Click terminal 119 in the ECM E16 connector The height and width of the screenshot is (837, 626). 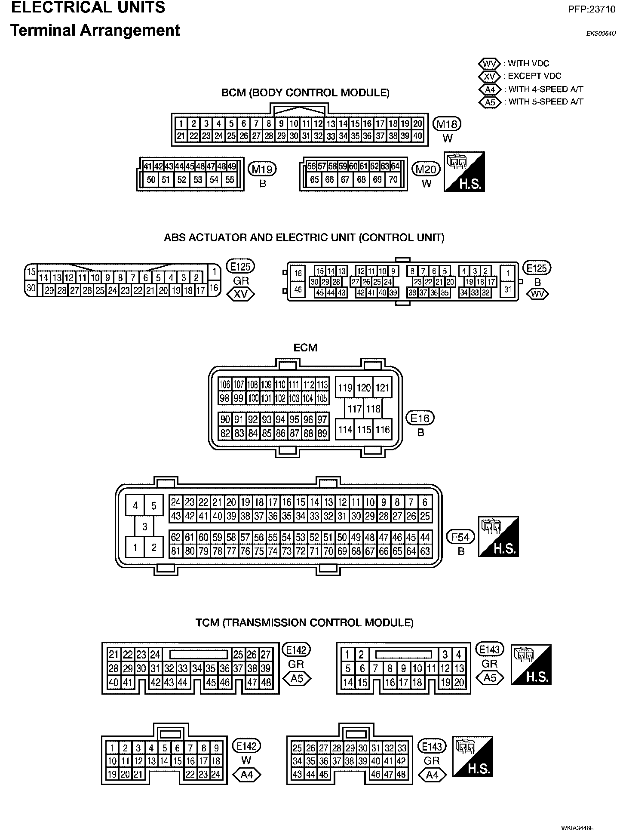coord(345,388)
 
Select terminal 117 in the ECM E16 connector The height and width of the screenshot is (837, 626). coord(354,408)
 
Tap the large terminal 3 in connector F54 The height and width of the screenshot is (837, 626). coord(145,526)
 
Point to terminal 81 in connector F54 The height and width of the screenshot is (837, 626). coord(175,551)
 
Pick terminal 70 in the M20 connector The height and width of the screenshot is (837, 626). coord(393,180)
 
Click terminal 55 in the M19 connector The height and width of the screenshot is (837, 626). coord(230,180)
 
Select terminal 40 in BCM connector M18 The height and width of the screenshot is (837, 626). coord(417,136)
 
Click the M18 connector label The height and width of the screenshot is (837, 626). coord(447,124)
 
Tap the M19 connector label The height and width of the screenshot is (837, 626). coord(262,169)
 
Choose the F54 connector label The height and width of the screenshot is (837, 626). coord(460,537)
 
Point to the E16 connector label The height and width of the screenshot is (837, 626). coord(420,418)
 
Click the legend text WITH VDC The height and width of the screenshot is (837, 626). coord(528,64)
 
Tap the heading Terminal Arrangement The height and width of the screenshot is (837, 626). coord(95,31)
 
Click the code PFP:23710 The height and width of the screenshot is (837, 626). coord(591,9)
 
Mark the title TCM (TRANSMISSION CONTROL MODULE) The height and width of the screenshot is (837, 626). coord(304,623)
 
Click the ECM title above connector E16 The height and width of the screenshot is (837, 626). coord(305,348)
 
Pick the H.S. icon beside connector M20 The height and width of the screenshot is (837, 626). coord(464,172)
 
